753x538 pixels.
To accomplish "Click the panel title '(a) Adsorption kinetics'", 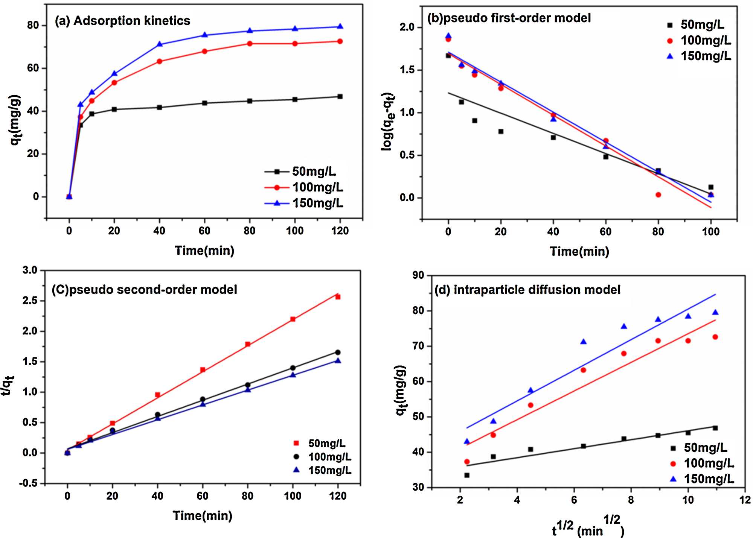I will click(x=123, y=21).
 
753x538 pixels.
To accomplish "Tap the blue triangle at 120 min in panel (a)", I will click(x=340, y=26).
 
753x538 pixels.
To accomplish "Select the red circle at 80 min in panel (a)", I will click(x=250, y=44).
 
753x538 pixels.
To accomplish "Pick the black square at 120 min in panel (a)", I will click(x=340, y=97).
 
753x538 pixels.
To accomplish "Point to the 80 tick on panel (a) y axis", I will click(x=33, y=25).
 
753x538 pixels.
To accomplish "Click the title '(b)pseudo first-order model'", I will click(x=509, y=18).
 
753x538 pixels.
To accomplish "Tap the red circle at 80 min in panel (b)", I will click(x=658, y=195).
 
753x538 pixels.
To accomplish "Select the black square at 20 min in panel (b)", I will click(x=501, y=132).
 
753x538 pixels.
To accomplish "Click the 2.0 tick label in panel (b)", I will click(x=407, y=27).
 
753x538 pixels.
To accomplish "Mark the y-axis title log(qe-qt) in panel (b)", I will click(x=388, y=122).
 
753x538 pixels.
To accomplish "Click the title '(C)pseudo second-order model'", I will click(x=145, y=290).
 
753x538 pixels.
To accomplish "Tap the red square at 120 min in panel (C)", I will click(x=338, y=297).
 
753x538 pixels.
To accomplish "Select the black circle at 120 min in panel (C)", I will click(x=338, y=353).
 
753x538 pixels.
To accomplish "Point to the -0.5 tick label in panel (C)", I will click(x=29, y=483).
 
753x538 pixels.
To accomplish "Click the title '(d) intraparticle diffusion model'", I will click(x=527, y=290).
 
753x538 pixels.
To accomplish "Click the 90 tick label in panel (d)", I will click(x=418, y=275).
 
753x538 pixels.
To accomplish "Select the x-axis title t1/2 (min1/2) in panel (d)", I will click(x=588, y=526).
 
